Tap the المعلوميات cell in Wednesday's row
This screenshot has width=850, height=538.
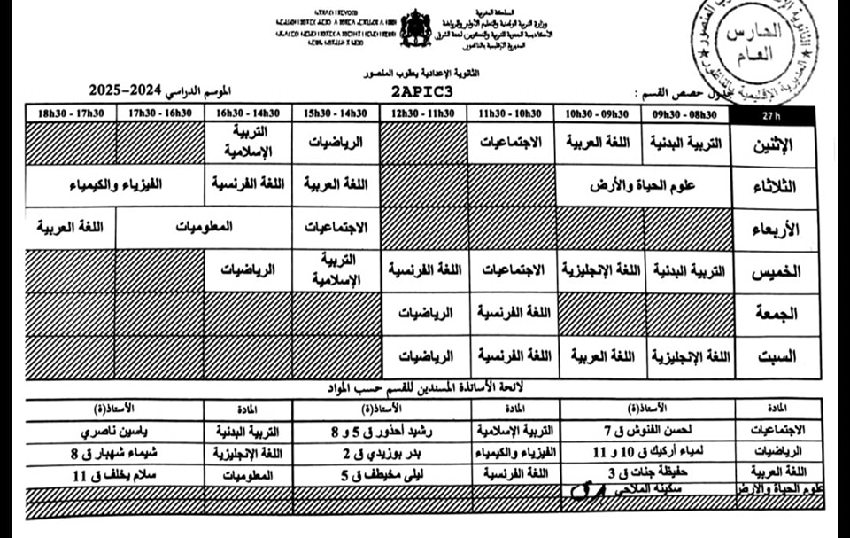[x=204, y=228]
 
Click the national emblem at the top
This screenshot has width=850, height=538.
[x=415, y=28]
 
